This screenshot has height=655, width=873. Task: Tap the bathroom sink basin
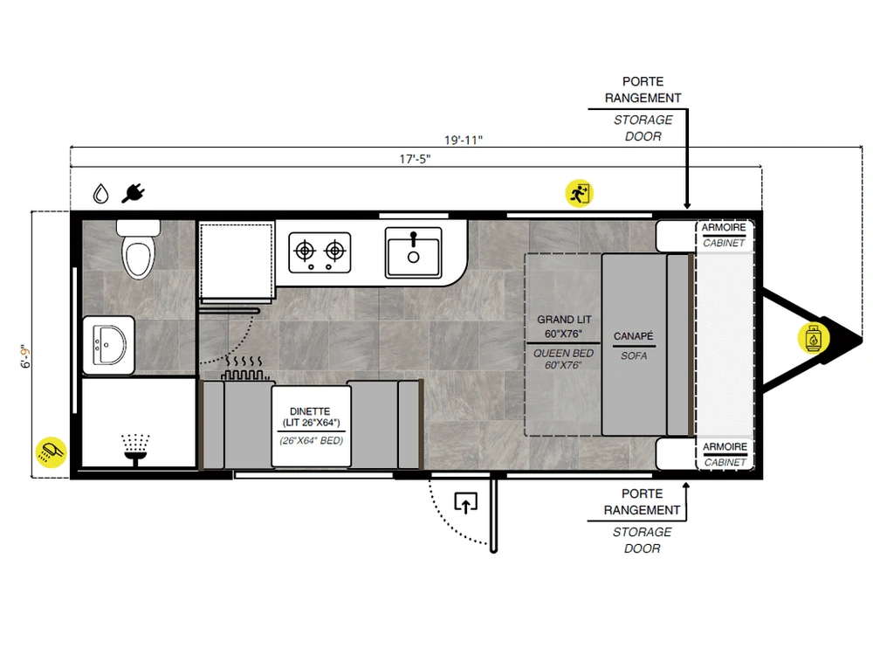coord(110,345)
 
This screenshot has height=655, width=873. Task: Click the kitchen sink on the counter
coord(413,252)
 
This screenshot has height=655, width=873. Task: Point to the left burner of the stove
coord(305,252)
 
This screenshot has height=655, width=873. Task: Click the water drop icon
coord(100,193)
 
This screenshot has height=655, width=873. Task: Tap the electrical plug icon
coord(133,193)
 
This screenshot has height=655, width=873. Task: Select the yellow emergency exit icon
coord(580,193)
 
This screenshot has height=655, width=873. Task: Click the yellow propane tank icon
coord(814,338)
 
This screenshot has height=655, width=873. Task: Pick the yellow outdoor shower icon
coord(51,452)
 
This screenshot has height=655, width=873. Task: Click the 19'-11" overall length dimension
coord(464,140)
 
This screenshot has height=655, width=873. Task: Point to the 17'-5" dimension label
coord(415,159)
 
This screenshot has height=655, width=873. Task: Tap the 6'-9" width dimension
coord(25,356)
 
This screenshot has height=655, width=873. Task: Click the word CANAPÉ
coord(634,336)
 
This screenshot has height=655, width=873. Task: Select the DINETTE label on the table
coord(310,411)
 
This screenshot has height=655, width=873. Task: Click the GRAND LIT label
coord(564,319)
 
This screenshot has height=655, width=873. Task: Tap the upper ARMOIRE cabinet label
coord(723,227)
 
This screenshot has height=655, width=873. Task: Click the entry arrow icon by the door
coord(466,502)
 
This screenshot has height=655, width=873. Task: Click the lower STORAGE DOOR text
coord(642,540)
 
